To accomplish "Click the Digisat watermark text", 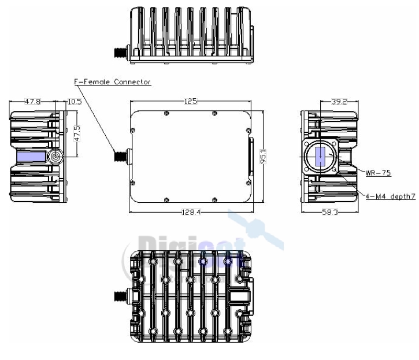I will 191,243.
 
